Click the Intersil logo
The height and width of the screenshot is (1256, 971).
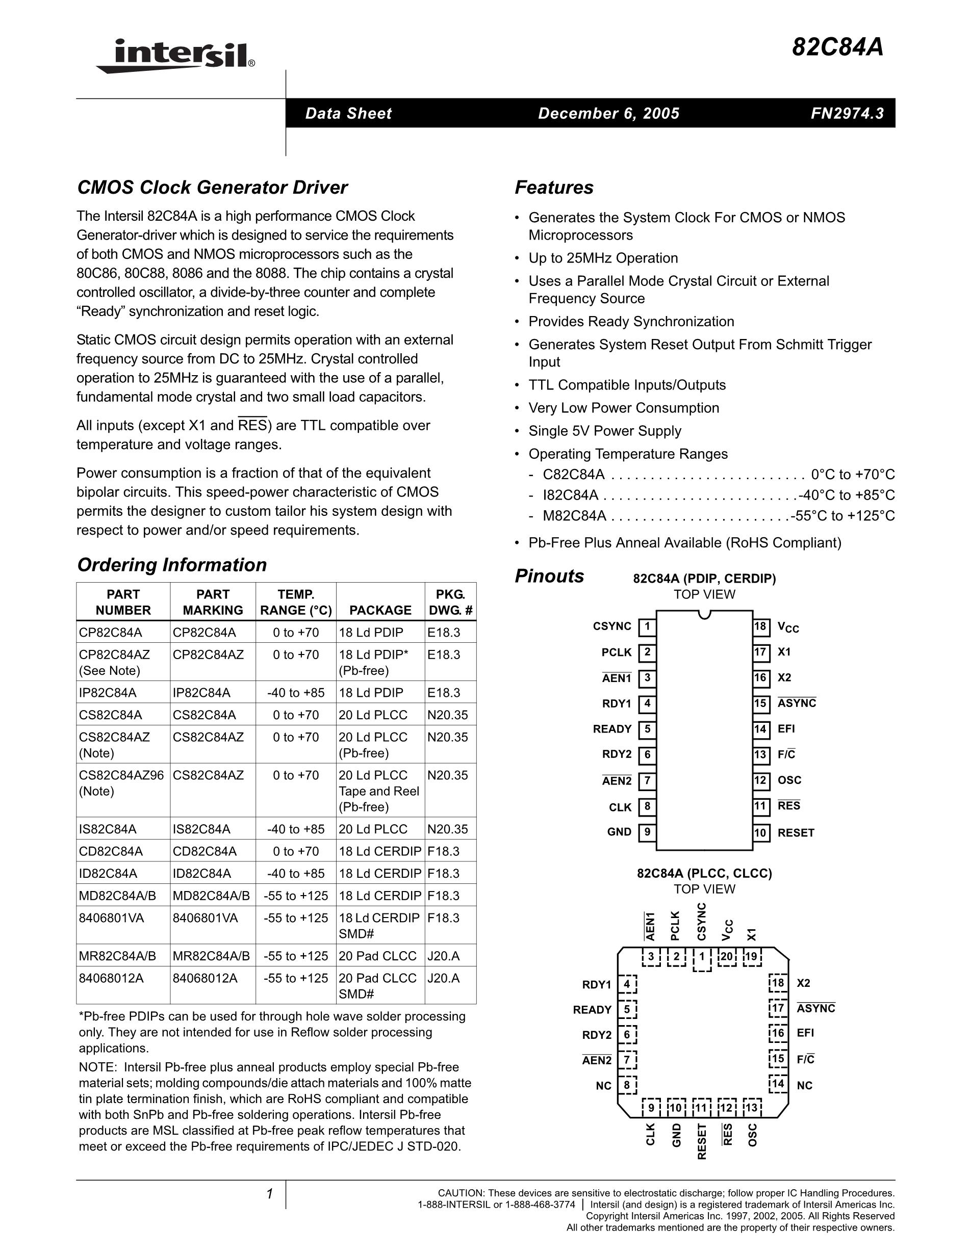click(x=175, y=57)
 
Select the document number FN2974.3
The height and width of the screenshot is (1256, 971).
click(x=847, y=113)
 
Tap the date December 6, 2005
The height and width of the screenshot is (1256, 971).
click(x=608, y=113)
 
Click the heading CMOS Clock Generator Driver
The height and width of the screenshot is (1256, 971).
click(x=212, y=188)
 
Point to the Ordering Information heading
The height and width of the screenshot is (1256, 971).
click(x=171, y=565)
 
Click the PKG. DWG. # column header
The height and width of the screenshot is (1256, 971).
click(x=450, y=602)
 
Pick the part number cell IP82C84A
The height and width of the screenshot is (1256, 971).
click(x=108, y=693)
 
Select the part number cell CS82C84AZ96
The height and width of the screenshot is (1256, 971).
click(x=121, y=775)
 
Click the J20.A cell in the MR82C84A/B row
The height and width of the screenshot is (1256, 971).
click(x=443, y=956)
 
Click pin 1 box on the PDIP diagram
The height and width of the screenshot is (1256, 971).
click(x=647, y=626)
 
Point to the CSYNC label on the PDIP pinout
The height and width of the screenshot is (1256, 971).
click(x=612, y=626)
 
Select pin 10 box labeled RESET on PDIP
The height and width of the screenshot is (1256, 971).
click(x=760, y=833)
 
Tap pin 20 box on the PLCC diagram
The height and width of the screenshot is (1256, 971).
click(x=727, y=957)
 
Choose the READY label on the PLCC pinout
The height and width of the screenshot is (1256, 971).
click(x=592, y=1010)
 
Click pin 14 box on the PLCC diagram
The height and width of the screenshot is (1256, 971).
click(x=778, y=1084)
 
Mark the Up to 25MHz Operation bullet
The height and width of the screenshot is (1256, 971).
click(x=603, y=258)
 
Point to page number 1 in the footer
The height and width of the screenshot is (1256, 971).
click(x=269, y=1194)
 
